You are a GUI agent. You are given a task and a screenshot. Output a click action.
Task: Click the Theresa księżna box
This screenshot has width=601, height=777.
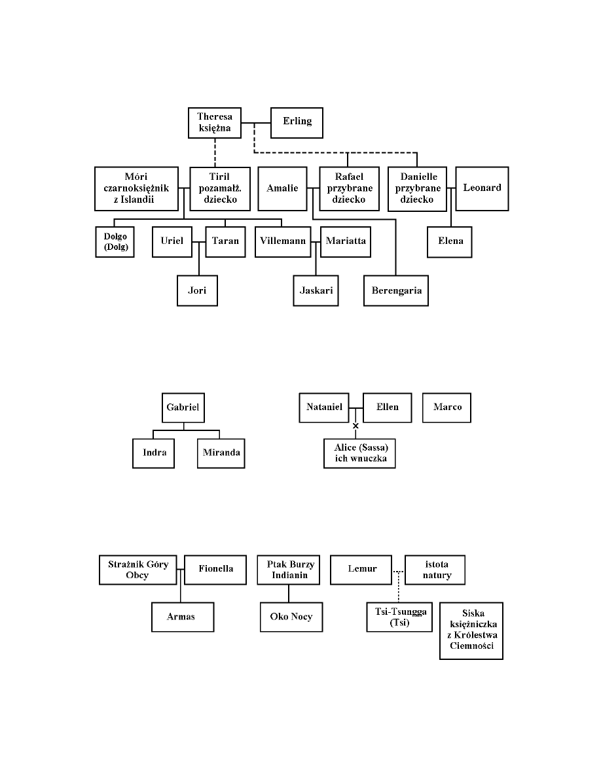point(214,122)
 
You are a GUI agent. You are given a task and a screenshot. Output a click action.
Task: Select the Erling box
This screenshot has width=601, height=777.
point(297,122)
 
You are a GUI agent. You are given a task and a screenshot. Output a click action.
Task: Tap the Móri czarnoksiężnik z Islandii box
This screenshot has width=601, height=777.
point(137,188)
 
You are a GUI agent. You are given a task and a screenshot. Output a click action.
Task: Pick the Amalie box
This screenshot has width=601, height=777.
point(282,188)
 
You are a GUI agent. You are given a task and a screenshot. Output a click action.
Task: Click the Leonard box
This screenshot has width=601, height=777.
point(482,188)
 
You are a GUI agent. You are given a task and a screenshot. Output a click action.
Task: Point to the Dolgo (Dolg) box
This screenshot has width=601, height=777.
point(115,241)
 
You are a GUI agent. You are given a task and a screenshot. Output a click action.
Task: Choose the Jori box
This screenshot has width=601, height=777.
point(197,290)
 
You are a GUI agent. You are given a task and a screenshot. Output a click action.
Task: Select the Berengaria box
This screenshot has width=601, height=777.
point(396,290)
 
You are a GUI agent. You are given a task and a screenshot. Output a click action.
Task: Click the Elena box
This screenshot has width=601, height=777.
point(450,241)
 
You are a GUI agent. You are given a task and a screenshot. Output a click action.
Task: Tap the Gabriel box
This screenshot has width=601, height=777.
point(183,407)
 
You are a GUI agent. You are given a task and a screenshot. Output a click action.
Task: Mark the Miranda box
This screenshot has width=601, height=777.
point(221,453)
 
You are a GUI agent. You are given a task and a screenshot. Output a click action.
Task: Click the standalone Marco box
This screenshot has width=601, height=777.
point(447,407)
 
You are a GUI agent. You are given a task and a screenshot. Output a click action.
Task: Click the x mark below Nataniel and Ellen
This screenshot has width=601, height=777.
point(355,426)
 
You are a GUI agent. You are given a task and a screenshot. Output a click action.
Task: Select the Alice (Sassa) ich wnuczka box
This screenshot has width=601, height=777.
point(360,453)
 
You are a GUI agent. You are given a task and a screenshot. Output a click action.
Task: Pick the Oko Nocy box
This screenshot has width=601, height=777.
point(291,617)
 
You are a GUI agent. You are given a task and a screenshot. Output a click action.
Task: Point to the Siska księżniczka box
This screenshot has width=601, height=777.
point(471,630)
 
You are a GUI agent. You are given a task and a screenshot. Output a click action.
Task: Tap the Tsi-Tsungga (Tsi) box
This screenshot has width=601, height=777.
point(399,617)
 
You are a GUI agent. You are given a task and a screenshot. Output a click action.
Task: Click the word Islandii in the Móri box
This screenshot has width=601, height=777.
point(138,199)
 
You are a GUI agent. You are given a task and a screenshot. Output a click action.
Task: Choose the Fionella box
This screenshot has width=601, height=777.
point(216,569)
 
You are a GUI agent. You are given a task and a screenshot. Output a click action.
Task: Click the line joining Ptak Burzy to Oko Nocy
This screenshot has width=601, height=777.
point(289,593)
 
